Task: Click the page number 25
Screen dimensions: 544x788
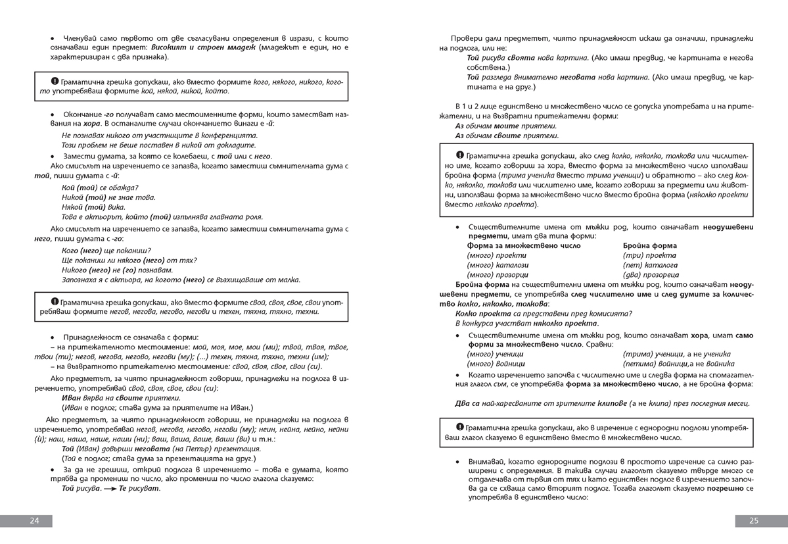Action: coord(754,521)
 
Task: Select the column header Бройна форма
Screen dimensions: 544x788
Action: coord(649,245)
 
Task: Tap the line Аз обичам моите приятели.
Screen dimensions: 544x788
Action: coord(506,126)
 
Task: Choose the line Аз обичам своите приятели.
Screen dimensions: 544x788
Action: coord(507,136)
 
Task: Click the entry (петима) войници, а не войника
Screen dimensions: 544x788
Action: coord(679,364)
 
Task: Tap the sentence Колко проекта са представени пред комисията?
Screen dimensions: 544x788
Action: coord(544,314)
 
